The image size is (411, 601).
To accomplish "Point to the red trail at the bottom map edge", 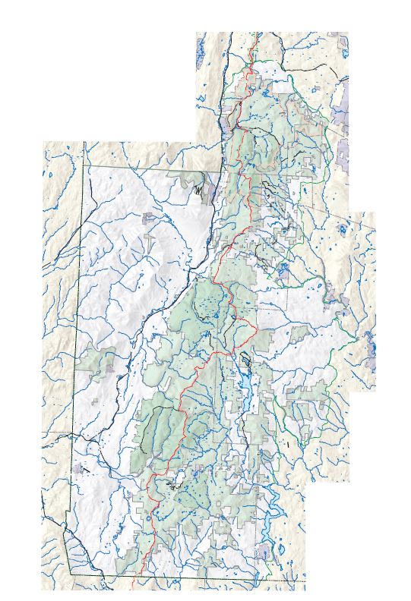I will (x=134, y=587).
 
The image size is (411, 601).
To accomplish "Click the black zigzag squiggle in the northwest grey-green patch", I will (x=199, y=190).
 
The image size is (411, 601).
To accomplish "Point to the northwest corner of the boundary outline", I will (x=84, y=143).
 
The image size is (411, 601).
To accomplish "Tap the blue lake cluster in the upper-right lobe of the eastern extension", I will (x=343, y=228).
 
